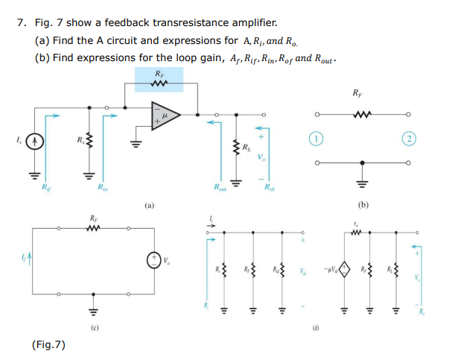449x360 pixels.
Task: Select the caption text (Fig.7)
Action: coord(49,344)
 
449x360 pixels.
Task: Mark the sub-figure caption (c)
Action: coord(95,327)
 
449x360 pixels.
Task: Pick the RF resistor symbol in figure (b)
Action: coord(361,115)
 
